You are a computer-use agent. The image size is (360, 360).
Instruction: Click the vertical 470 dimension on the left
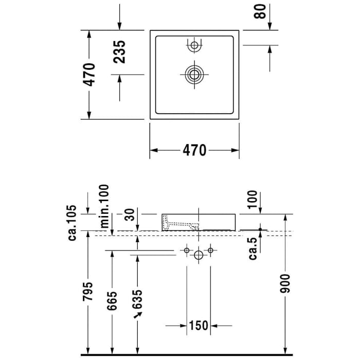89,75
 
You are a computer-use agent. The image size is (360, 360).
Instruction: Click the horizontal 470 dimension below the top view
194,150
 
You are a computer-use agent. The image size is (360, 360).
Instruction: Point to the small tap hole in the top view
194,46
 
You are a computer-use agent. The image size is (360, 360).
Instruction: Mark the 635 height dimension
137,301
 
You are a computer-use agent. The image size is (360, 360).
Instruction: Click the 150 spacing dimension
198,326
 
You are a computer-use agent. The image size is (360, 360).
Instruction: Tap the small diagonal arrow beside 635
137,314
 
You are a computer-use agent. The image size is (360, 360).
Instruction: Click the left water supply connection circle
186,250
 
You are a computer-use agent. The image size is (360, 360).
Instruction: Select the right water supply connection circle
210,250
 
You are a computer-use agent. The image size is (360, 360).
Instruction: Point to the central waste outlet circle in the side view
199,254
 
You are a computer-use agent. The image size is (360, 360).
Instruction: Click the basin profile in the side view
199,222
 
